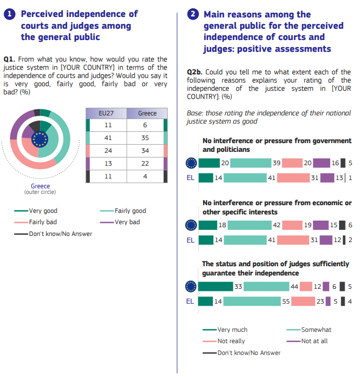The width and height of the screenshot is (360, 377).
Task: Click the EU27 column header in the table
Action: point(106,113)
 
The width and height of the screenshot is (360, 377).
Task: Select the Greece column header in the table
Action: point(147,113)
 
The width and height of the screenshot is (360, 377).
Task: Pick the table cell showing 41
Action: point(108,138)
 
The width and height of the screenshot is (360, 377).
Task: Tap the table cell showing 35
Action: point(145,138)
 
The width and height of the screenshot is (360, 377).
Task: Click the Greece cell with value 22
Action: point(145,164)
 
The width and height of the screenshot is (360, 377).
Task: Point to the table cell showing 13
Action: point(108,164)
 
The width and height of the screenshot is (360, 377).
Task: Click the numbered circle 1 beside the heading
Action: point(10,14)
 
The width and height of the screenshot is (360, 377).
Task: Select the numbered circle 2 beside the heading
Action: point(193,14)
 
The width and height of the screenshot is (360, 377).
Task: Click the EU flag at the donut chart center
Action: point(40,139)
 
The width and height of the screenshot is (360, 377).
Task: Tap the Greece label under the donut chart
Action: point(41,186)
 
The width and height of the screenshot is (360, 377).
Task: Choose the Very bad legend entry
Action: point(120,222)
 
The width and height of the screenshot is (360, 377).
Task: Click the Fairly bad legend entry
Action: point(35,222)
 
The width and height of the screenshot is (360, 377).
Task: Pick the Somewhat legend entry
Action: point(309,330)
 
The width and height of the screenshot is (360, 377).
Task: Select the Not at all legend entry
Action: point(307,341)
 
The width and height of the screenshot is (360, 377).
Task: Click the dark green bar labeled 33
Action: point(215,286)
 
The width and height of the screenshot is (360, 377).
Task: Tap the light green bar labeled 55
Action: point(252,301)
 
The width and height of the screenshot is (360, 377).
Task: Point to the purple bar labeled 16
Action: point(322,163)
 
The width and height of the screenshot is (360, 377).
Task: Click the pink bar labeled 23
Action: point(303,301)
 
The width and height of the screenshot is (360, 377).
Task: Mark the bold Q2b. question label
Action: point(195,72)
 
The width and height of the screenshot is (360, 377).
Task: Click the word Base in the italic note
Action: point(195,113)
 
